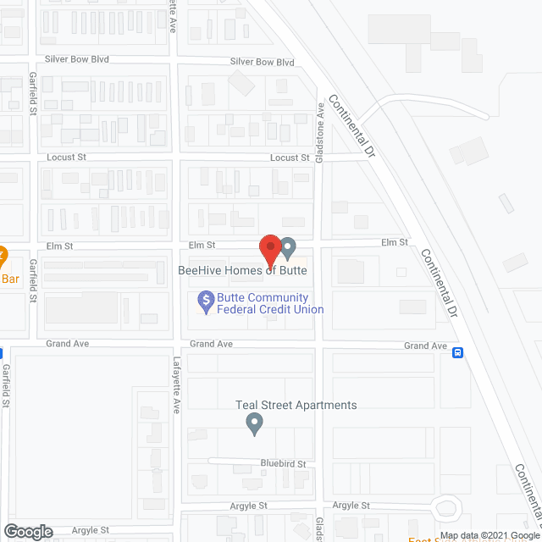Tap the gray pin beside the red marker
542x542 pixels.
(288, 248)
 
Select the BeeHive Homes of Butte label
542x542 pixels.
(241, 270)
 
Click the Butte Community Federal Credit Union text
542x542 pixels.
(270, 303)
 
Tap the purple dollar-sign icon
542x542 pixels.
(205, 299)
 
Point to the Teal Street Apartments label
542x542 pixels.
(296, 405)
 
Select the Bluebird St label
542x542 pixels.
(283, 464)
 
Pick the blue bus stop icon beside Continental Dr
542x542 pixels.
(457, 353)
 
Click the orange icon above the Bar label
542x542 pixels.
(3, 255)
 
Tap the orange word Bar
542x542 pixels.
(9, 278)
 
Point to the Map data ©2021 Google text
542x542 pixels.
(489, 536)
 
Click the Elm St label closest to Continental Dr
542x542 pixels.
(395, 242)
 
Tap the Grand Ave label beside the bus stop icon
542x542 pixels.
(425, 346)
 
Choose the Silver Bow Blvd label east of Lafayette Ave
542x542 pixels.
(262, 63)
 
